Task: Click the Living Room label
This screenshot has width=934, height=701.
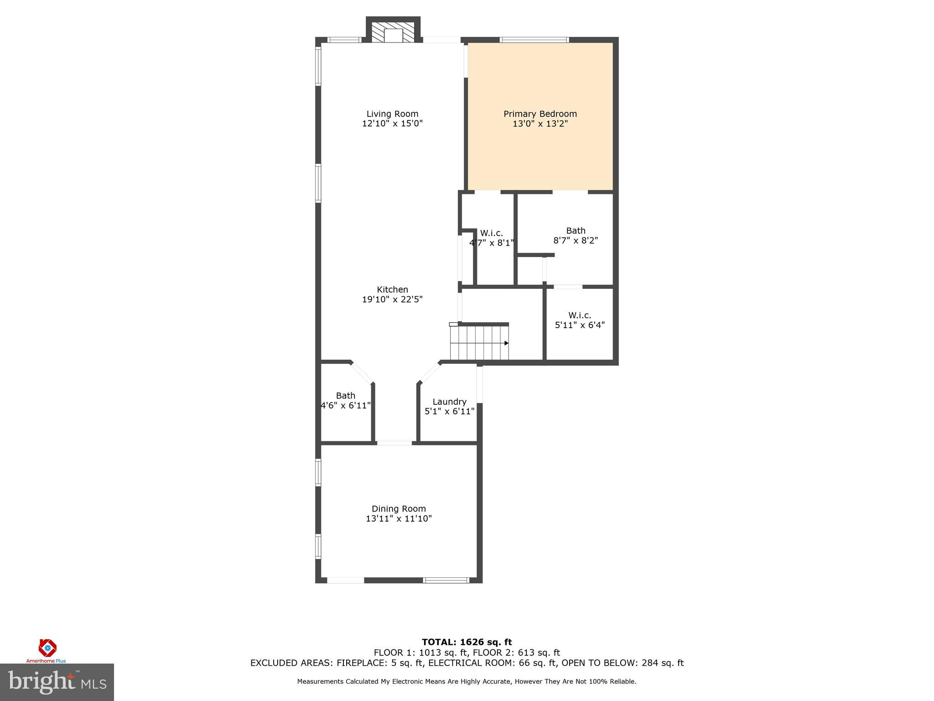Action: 392,114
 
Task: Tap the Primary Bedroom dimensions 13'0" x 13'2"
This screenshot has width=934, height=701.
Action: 540,124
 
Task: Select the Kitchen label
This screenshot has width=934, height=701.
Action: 392,289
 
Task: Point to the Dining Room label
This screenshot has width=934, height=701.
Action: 399,508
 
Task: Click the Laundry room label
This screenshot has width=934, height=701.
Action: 449,402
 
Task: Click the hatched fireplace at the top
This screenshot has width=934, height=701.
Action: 393,31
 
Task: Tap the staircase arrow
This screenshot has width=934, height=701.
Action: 506,343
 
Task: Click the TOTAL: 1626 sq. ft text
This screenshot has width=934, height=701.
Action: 467,642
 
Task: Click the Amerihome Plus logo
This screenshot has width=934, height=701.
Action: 47,650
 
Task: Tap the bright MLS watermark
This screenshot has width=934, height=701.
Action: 57,682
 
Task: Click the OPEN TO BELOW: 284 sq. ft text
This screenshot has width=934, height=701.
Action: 623,663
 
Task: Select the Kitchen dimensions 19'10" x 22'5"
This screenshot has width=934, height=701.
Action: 392,299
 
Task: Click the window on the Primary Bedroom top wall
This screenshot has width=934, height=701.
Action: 534,40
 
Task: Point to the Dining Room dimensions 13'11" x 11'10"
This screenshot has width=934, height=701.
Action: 399,518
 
